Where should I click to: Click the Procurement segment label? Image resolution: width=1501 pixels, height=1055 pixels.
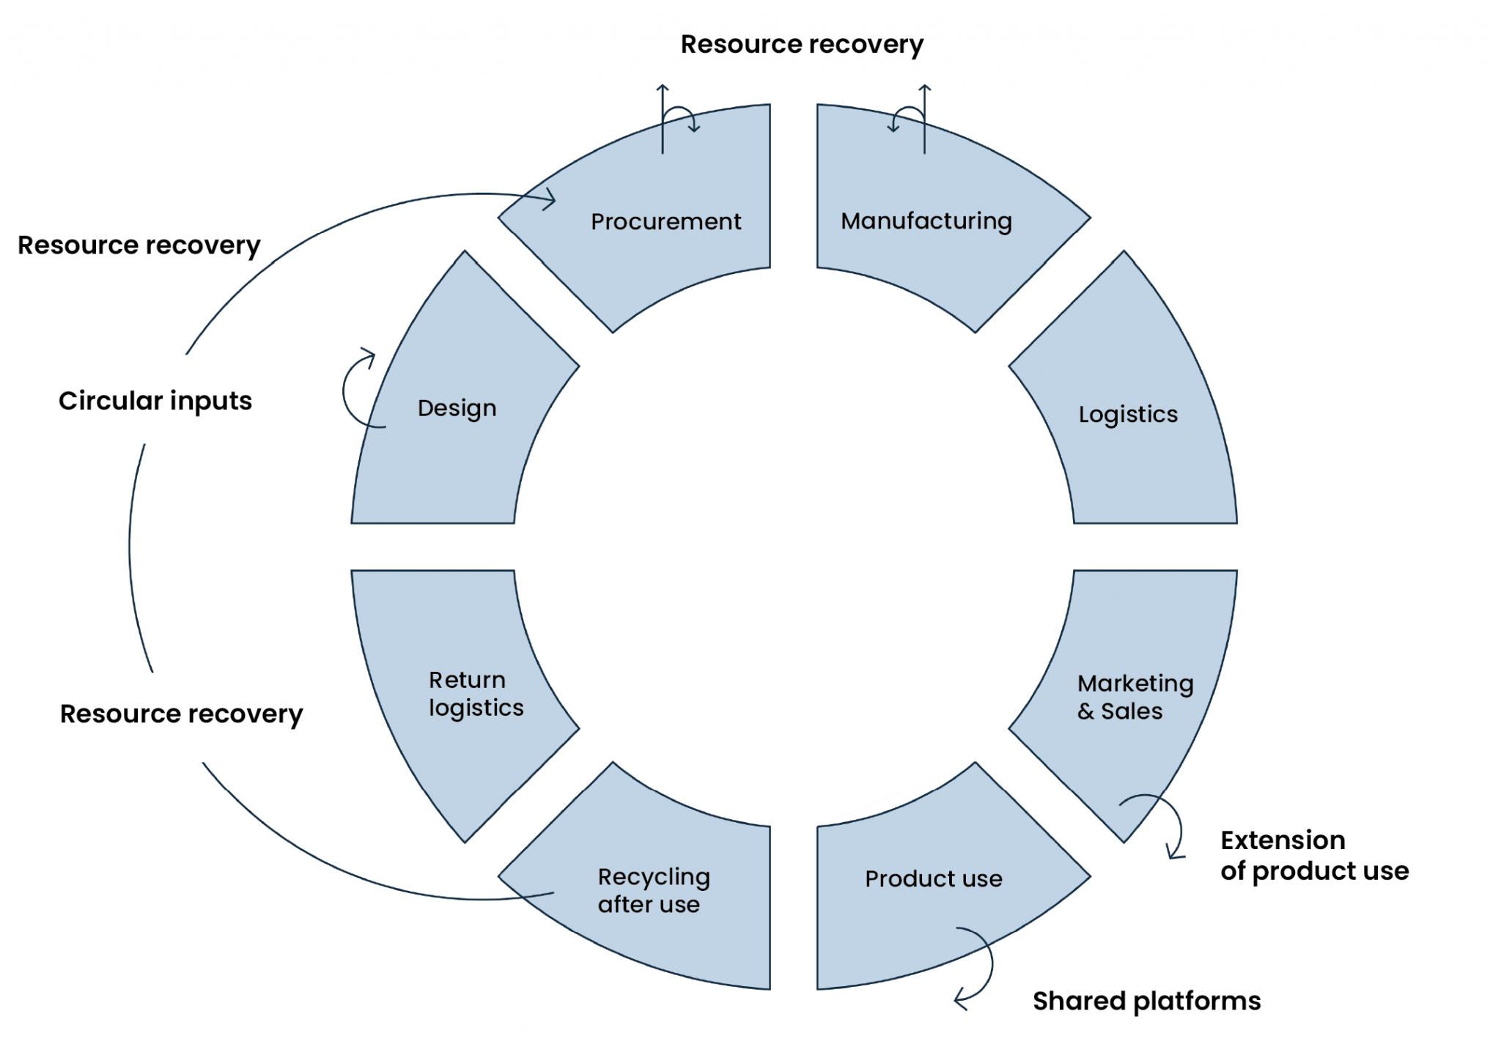[x=665, y=221]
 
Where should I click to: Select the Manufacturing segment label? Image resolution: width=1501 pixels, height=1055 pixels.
[x=926, y=221]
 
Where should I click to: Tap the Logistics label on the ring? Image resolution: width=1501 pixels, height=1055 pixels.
[x=1127, y=414]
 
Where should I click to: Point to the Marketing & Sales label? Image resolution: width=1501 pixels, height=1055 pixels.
[x=1134, y=697]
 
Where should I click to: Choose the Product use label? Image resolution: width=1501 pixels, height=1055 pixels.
[x=933, y=878]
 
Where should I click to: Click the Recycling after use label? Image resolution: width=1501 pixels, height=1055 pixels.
[x=653, y=890]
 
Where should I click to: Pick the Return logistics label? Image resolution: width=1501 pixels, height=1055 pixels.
[x=476, y=693]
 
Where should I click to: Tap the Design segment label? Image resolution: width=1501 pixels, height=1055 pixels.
[x=457, y=408]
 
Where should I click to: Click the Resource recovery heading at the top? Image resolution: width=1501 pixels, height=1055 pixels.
[x=802, y=45]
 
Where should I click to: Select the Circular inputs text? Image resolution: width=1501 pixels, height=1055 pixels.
[x=155, y=401]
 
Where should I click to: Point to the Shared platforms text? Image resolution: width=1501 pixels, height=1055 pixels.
[x=1146, y=1001]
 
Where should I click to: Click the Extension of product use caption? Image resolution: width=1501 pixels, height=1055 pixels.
[x=1314, y=855]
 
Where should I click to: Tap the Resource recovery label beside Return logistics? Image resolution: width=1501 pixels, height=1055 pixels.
[x=181, y=714]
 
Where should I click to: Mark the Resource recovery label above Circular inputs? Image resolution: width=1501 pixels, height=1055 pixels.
[x=139, y=245]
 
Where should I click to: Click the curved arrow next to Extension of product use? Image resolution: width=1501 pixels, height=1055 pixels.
[x=1169, y=824]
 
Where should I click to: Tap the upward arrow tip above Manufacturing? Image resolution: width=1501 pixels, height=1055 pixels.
[x=925, y=88]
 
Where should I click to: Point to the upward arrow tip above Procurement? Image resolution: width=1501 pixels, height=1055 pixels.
[x=663, y=88]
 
